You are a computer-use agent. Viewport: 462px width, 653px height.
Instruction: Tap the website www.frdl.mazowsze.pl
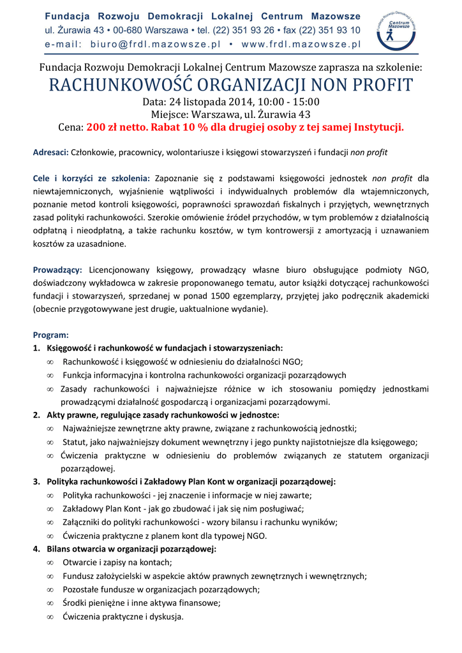point(301,44)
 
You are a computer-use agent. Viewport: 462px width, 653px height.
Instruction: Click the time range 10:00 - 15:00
point(290,101)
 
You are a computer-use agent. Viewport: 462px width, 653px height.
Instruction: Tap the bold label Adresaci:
point(50,152)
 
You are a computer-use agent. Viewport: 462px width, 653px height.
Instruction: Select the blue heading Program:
point(50,335)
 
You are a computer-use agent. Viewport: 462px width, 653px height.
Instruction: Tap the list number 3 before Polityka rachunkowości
point(36,481)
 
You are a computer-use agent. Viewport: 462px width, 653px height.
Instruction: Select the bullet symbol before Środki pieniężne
point(50,603)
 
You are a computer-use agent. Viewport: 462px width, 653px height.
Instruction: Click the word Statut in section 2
point(74,442)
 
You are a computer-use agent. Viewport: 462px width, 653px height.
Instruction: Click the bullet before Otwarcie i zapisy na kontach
point(50,562)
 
